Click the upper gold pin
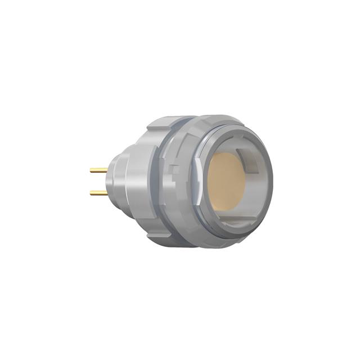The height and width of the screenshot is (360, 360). coord(99,169)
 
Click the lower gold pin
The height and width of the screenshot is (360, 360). coord(99,192)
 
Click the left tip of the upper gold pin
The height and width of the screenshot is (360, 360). coord(91,169)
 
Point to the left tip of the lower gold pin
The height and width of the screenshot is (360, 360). coord(91,192)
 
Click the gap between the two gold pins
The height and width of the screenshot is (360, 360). coord(99,181)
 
